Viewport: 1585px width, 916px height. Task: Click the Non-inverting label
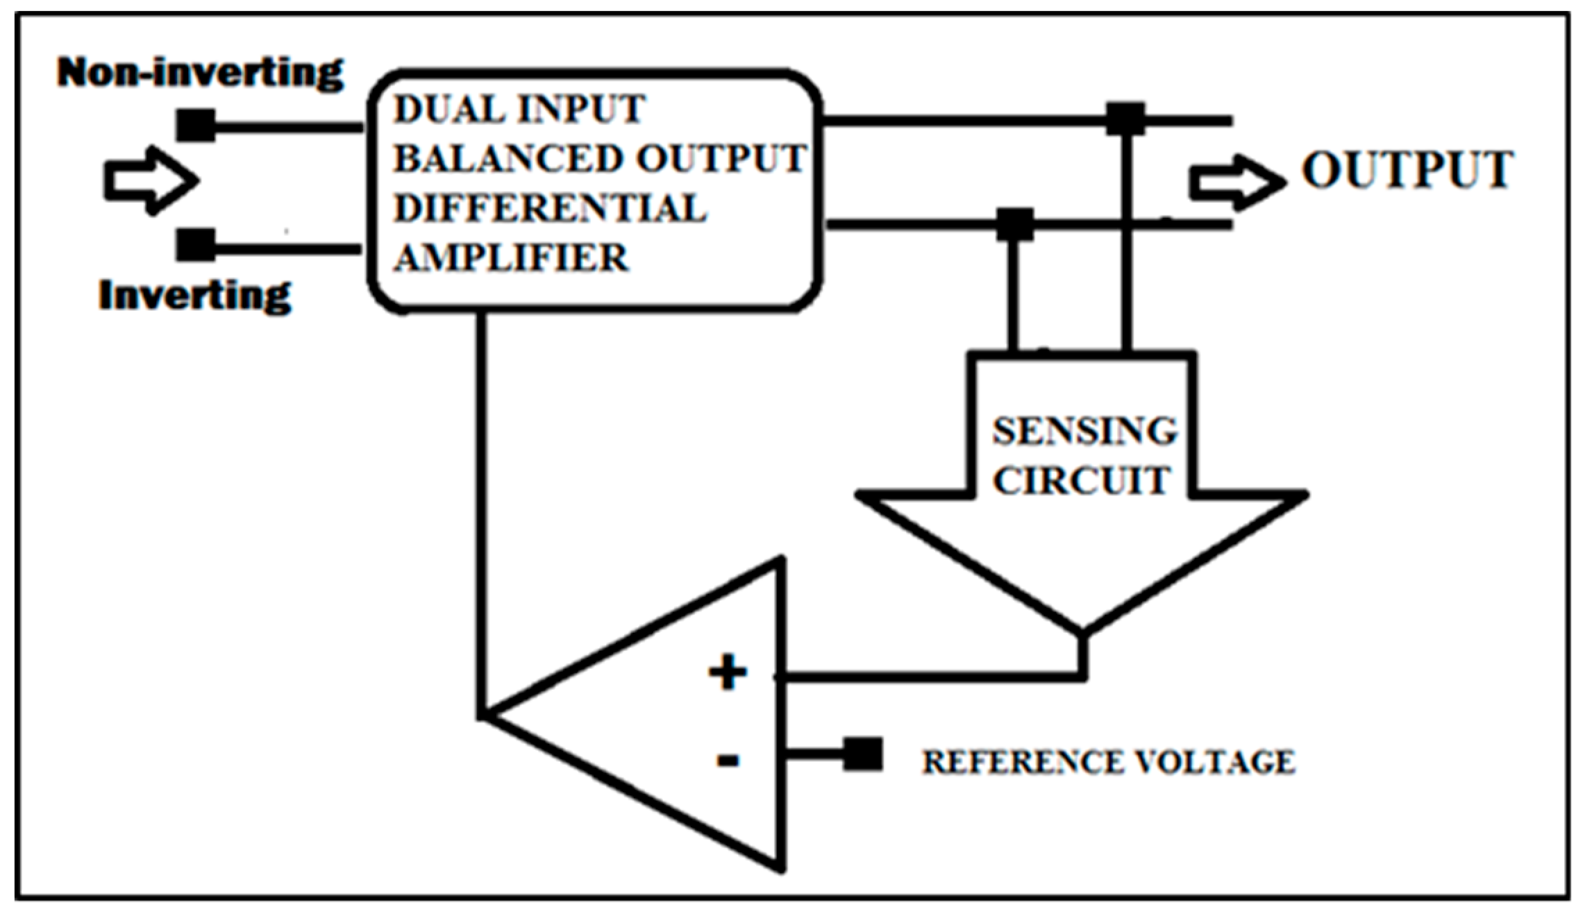(200, 72)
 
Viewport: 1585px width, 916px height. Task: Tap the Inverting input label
(195, 296)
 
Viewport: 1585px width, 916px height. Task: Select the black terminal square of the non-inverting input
(196, 126)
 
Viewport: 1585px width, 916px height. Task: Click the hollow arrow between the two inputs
(151, 180)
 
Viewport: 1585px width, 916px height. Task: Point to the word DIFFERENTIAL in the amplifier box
(550, 208)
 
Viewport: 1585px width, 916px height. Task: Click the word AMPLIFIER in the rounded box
(511, 258)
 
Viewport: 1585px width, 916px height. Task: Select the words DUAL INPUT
(519, 110)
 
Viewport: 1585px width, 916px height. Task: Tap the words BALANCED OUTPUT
(599, 158)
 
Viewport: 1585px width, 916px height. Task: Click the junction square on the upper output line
(1125, 119)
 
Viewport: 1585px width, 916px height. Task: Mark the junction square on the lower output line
(1015, 225)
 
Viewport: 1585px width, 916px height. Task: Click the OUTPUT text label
(1407, 170)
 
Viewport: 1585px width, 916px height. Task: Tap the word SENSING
(1084, 431)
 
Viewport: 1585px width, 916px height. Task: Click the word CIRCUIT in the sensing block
(1082, 480)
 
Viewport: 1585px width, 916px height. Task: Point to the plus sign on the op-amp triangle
(728, 672)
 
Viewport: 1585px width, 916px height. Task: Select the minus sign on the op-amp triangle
(728, 761)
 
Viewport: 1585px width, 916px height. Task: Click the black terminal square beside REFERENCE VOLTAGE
(863, 754)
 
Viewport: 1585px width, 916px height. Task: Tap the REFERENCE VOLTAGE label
(1108, 762)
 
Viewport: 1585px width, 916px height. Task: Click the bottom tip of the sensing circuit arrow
(1082, 631)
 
